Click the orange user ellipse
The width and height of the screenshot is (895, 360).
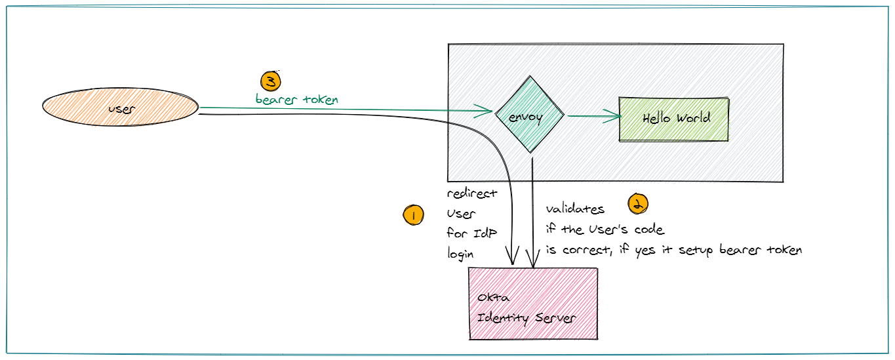pyautogui.click(x=120, y=109)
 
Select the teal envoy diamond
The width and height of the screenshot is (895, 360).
pyautogui.click(x=529, y=116)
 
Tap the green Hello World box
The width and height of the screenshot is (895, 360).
pyautogui.click(x=674, y=119)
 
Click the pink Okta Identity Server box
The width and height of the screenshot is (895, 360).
pyautogui.click(x=533, y=304)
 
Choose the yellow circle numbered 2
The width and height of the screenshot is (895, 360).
pyautogui.click(x=638, y=204)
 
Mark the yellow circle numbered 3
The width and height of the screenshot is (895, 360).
pyautogui.click(x=270, y=81)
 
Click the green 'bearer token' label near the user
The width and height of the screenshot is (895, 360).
pyautogui.click(x=297, y=100)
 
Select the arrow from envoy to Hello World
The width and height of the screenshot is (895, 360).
pyautogui.click(x=593, y=117)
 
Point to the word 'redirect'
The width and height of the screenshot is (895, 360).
pyautogui.click(x=472, y=194)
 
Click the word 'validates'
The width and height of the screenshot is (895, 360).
pyautogui.click(x=575, y=209)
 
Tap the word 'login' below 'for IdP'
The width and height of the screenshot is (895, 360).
pyautogui.click(x=462, y=253)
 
